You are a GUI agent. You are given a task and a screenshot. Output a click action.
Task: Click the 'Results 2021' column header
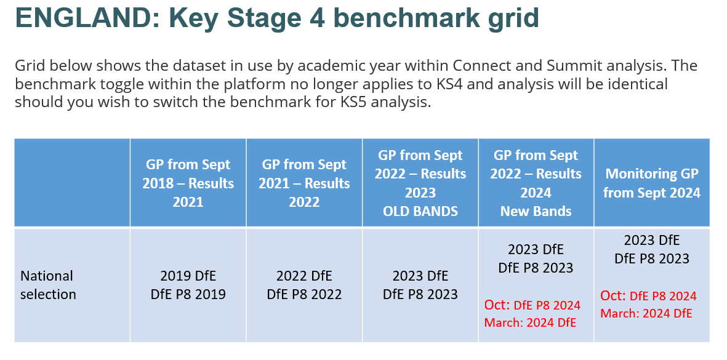(x=188, y=183)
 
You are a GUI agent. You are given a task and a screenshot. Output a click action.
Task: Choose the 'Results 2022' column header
(x=304, y=183)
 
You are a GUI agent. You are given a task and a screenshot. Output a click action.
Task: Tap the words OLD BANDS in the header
(x=420, y=211)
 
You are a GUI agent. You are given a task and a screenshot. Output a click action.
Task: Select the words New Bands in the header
(x=536, y=211)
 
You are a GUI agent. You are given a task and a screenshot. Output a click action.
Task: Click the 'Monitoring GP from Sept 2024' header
(x=652, y=183)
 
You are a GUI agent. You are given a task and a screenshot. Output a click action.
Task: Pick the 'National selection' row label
(x=48, y=285)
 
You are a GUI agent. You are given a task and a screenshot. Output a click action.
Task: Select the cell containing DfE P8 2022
(x=304, y=285)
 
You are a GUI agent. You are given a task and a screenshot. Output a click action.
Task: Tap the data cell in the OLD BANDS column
(x=420, y=285)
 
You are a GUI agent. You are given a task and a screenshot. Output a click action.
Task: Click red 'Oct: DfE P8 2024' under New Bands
(x=532, y=305)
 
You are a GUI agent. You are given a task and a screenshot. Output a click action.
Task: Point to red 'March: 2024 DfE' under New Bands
(x=531, y=323)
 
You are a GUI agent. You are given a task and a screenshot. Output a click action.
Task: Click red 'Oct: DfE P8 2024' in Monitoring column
(x=649, y=295)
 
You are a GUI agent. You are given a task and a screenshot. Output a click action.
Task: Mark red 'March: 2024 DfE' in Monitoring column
(x=646, y=314)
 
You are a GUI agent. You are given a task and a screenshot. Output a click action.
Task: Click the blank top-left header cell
(x=72, y=183)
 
